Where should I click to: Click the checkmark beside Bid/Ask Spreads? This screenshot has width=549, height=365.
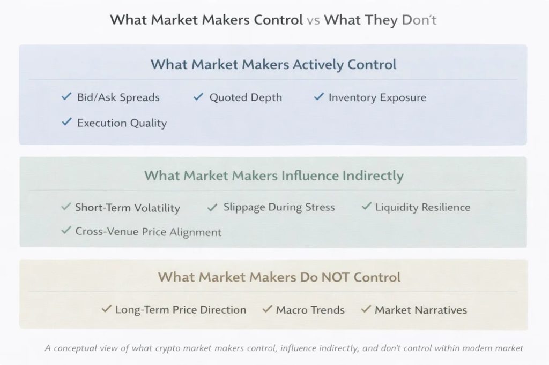tap(66, 97)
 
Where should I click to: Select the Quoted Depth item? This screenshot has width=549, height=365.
tap(246, 97)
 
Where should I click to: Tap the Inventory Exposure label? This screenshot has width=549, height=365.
tap(377, 97)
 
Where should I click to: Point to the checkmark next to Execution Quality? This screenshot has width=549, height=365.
tap(66, 122)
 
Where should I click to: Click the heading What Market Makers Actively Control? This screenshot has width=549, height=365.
tap(273, 65)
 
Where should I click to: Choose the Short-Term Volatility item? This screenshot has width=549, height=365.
tap(128, 208)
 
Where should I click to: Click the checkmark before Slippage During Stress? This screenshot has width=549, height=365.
tap(212, 207)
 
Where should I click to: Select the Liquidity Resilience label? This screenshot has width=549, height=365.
tap(422, 207)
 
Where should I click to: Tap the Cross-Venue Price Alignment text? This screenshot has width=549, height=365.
tap(148, 232)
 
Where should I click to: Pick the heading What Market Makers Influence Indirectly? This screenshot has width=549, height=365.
tap(274, 175)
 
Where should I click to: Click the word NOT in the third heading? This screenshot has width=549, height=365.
tap(337, 277)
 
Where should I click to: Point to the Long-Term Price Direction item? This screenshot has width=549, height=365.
tap(181, 310)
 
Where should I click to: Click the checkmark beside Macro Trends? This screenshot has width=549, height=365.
tap(267, 309)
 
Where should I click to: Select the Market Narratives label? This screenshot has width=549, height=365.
tap(421, 310)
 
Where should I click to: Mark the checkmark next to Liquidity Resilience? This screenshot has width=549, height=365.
tap(366, 207)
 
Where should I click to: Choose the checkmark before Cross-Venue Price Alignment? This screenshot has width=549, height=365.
tap(66, 231)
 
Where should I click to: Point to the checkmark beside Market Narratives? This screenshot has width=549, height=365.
tap(366, 309)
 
